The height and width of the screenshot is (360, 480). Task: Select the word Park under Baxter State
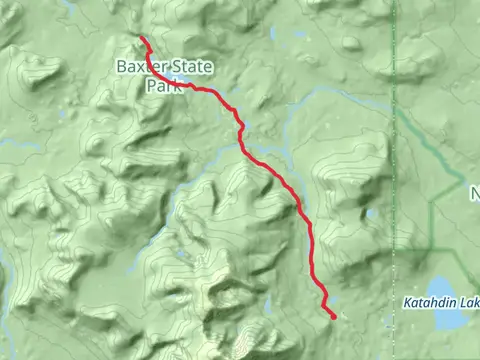(161, 86)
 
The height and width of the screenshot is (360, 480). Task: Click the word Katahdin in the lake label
(431, 302)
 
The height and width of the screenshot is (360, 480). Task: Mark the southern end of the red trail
(331, 316)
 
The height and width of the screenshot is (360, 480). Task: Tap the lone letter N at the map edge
(475, 192)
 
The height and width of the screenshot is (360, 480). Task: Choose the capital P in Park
(149, 86)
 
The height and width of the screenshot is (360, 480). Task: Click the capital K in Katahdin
(408, 302)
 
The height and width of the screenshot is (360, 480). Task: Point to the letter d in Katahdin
(440, 302)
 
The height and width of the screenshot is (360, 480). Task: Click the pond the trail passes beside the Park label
(186, 85)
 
